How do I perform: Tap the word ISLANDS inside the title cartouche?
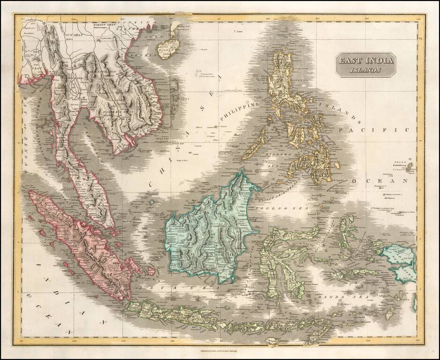[365, 71]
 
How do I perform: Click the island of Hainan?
[168, 47]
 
